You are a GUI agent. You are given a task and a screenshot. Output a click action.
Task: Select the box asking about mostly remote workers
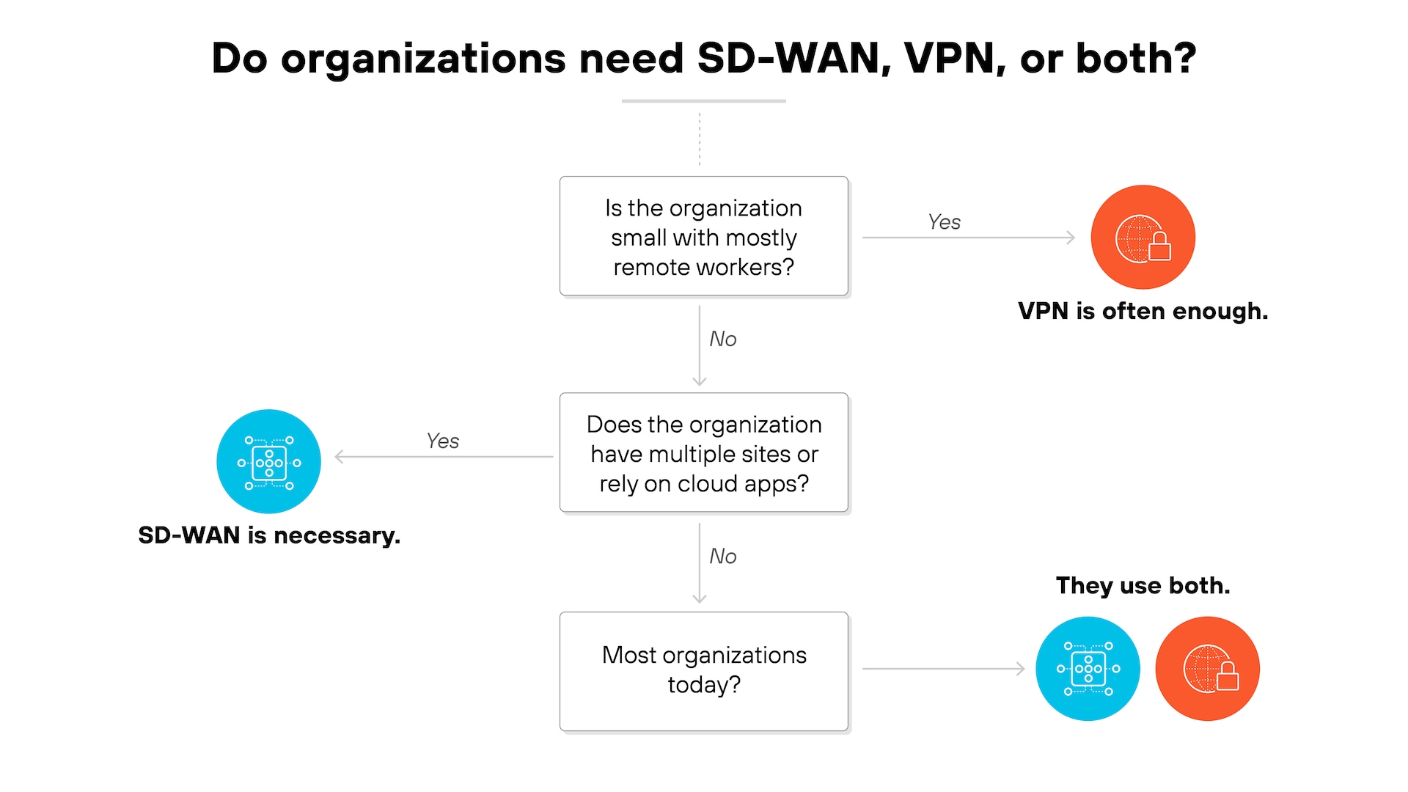[703, 237]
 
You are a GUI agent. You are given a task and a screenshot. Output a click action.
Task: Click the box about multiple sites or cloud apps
[703, 453]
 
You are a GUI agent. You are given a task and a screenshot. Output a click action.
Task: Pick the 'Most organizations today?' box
[703, 670]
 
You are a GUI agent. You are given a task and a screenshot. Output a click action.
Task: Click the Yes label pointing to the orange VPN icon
[944, 222]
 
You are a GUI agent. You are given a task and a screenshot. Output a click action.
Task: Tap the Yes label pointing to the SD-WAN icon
[442, 441]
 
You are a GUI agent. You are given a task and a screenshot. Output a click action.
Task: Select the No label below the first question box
[722, 339]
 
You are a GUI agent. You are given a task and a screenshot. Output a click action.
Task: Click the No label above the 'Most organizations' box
[722, 556]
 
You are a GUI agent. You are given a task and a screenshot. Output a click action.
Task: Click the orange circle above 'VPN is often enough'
[1143, 237]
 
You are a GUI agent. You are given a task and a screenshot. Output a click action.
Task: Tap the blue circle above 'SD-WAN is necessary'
[268, 461]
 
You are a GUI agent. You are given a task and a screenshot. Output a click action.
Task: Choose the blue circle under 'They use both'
[1088, 668]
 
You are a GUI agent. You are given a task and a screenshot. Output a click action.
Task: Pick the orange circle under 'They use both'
[1207, 668]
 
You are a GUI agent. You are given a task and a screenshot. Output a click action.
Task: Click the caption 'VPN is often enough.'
[1143, 311]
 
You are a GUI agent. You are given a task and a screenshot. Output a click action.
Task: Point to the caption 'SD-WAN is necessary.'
[268, 535]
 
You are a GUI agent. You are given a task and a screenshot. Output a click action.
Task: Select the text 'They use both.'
[1143, 585]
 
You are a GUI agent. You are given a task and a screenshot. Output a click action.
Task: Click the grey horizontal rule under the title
[703, 100]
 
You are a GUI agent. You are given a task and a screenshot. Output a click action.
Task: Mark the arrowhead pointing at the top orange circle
[1071, 238]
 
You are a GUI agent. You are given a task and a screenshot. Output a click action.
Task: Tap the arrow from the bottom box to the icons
[942, 669]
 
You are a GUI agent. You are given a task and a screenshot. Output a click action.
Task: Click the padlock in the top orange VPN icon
[1159, 247]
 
